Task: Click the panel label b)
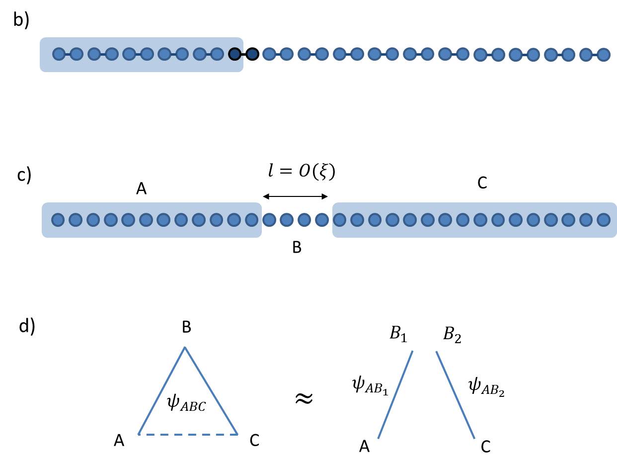[x=21, y=20]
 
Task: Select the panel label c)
[x=24, y=176]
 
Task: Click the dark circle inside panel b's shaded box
[x=234, y=54]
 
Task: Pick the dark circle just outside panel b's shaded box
[x=252, y=54]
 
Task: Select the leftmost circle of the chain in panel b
[x=59, y=54]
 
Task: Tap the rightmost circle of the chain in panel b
[x=604, y=54]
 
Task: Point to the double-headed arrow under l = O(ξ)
[x=295, y=196]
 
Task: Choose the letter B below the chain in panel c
[x=297, y=247]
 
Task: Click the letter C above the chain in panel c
[x=482, y=183]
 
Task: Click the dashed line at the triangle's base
[x=188, y=434]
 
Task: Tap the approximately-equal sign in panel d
[x=304, y=398]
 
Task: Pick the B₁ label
[x=398, y=334]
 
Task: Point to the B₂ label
[x=452, y=335]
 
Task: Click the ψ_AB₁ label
[x=370, y=386]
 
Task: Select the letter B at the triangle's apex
[x=186, y=327]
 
